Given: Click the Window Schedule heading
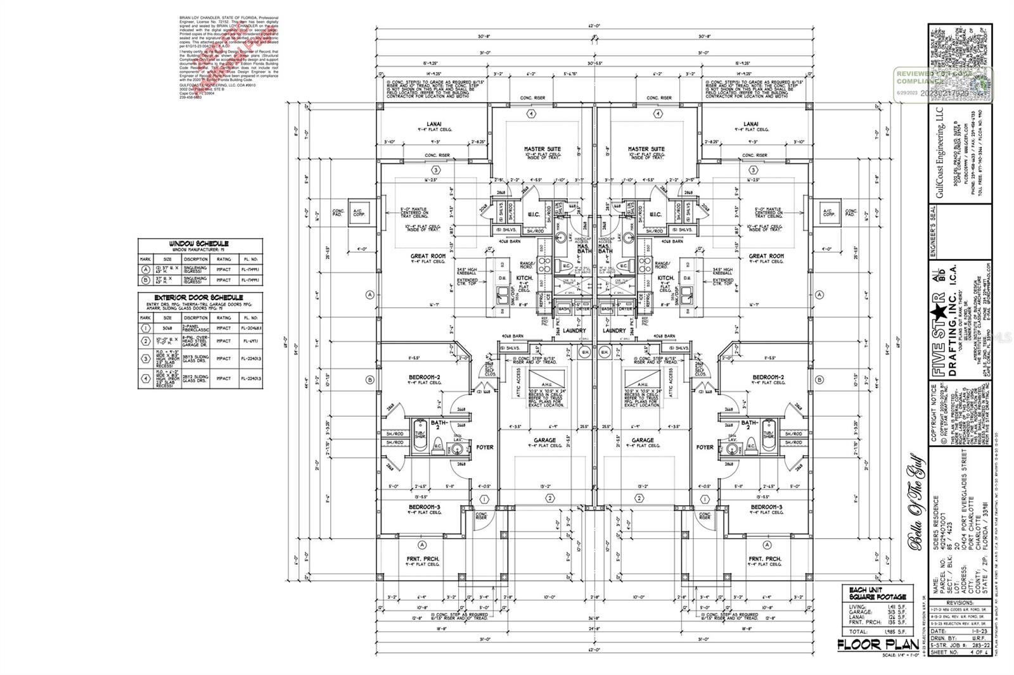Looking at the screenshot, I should [x=200, y=243].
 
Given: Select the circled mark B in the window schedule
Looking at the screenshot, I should [x=146, y=281].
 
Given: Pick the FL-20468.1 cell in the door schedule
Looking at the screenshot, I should [x=250, y=329].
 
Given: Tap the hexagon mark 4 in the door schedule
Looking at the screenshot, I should [x=146, y=378].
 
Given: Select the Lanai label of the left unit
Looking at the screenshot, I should [x=434, y=124].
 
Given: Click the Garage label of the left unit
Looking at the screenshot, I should [x=544, y=440].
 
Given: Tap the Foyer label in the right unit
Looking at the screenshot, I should [x=705, y=447].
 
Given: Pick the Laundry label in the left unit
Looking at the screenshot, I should [x=574, y=331].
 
